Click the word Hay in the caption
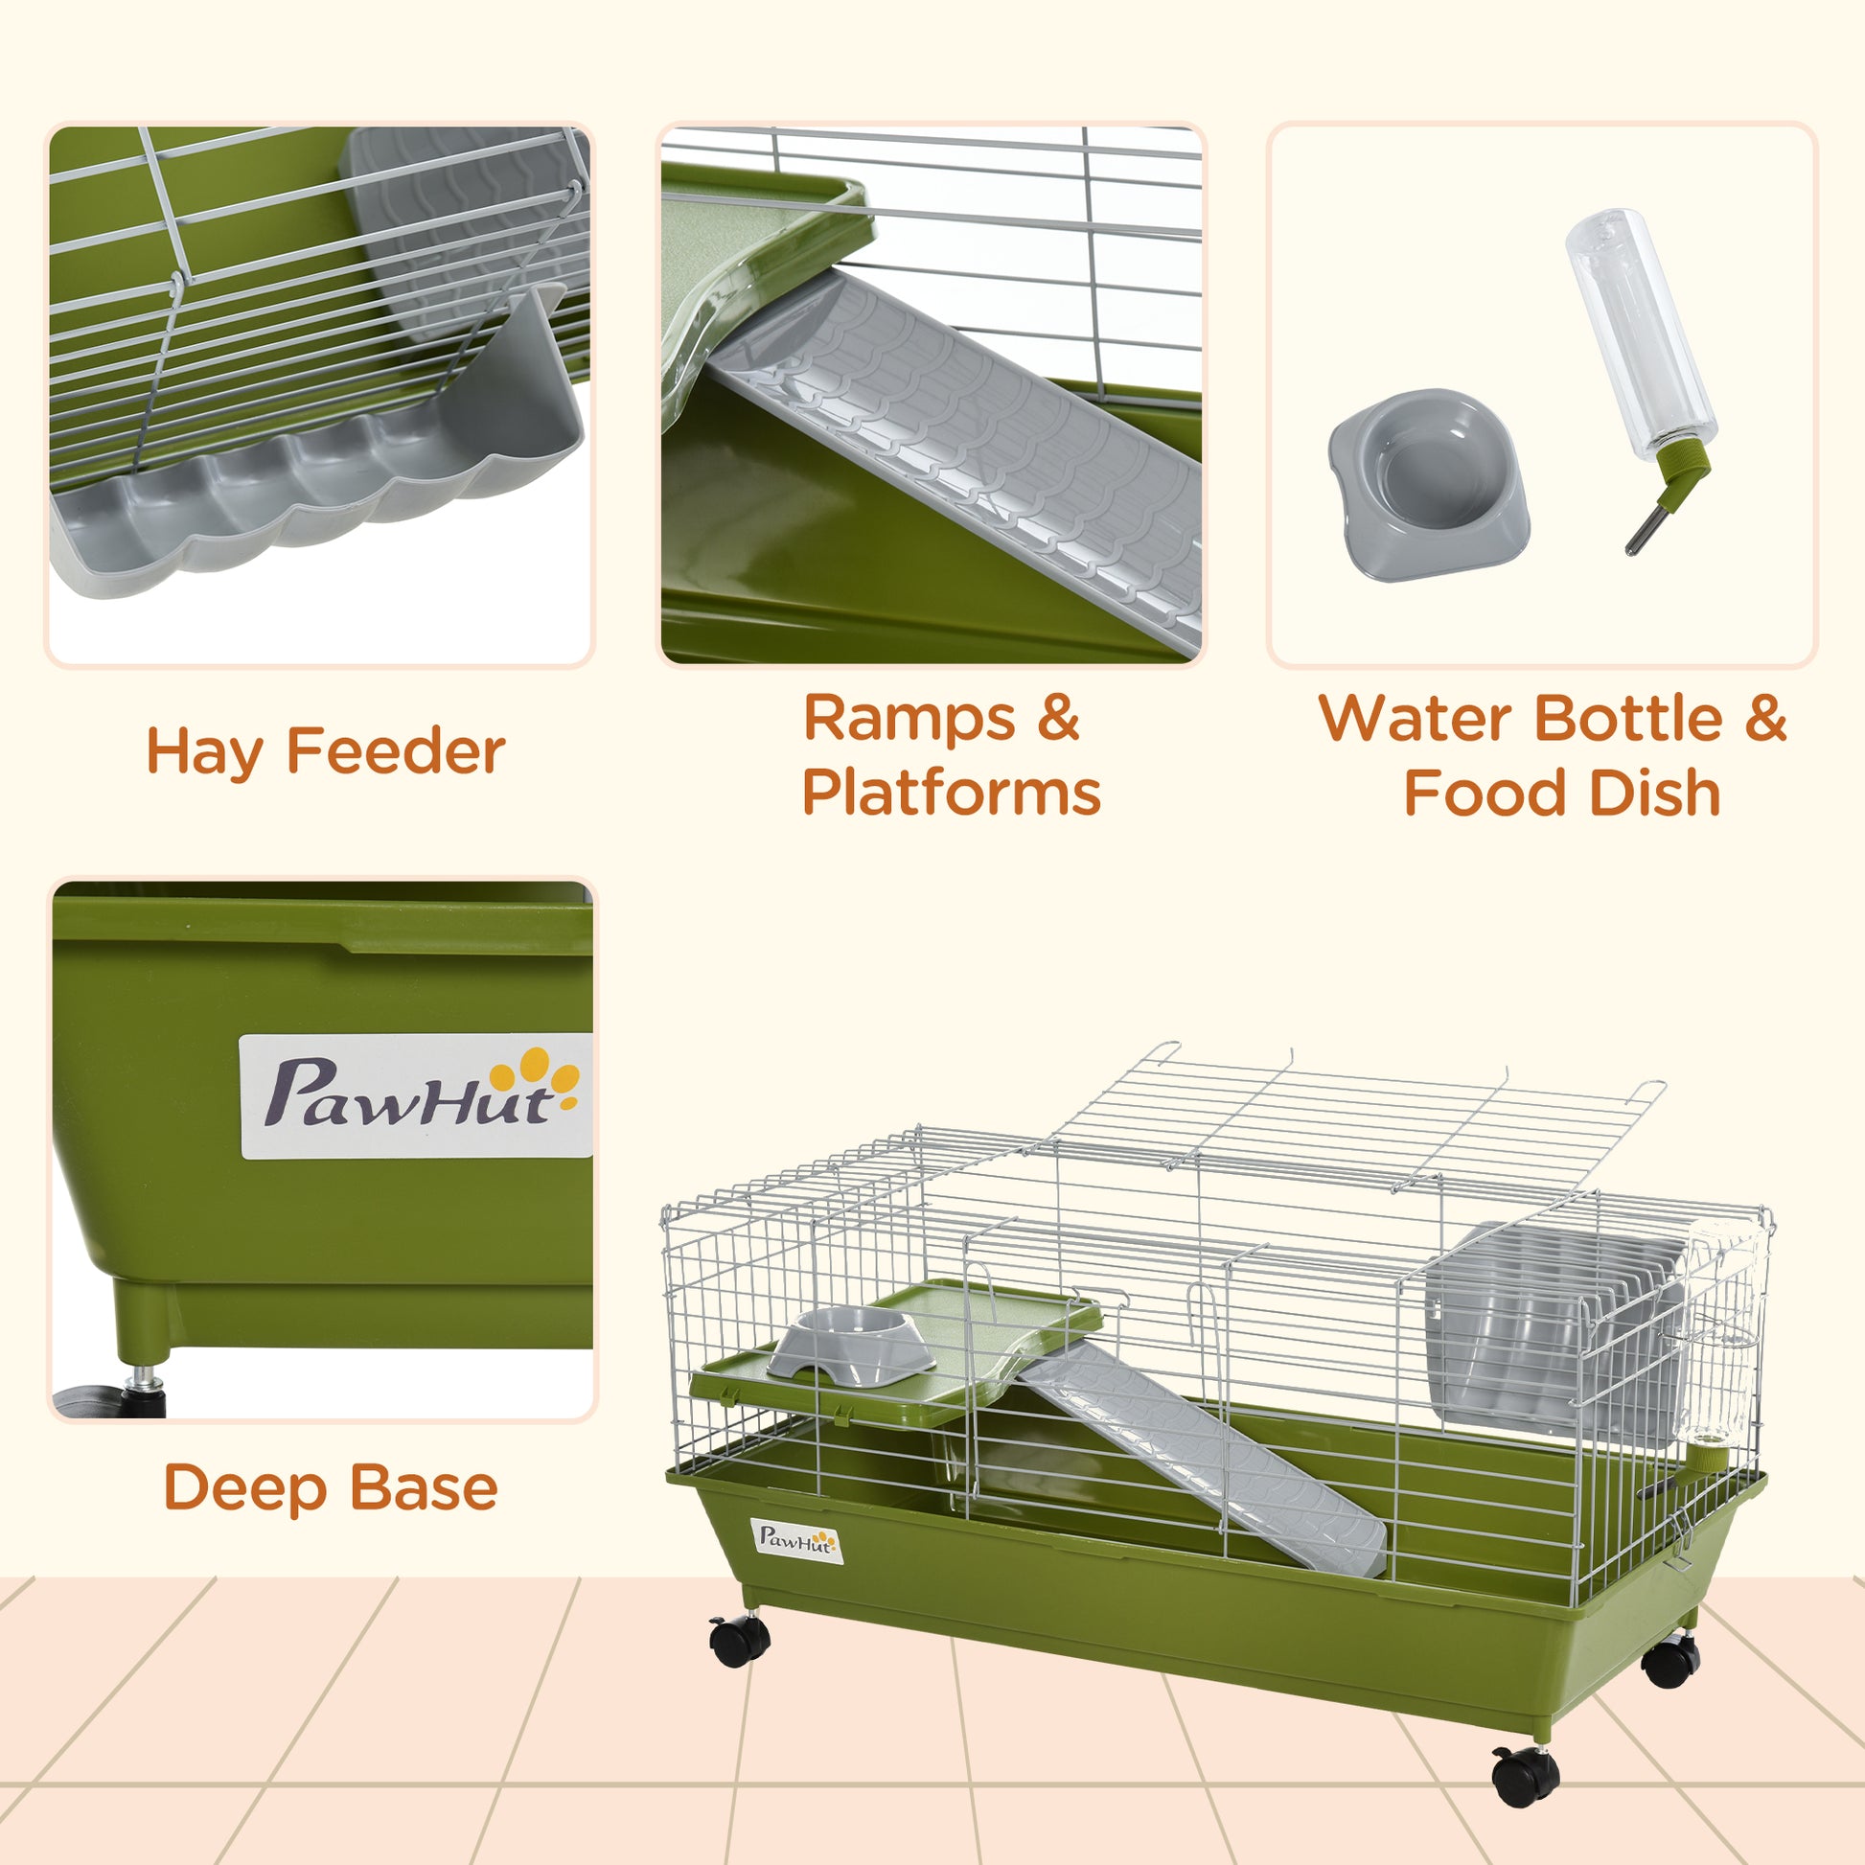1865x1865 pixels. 203,753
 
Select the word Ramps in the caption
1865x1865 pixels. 909,719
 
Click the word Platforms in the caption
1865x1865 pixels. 951,794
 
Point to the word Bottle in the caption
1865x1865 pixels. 1627,719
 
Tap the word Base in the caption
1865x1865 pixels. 424,1487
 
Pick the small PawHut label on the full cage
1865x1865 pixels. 795,1541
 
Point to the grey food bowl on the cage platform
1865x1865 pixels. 851,1343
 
